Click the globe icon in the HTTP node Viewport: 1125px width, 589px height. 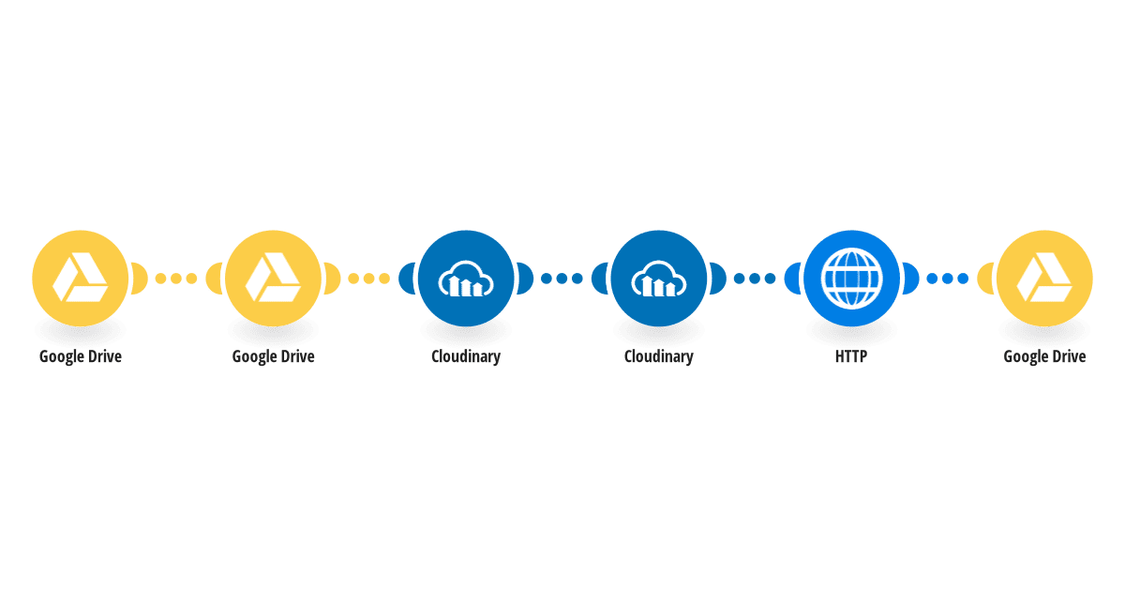point(851,278)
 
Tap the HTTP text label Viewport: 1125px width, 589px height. point(851,356)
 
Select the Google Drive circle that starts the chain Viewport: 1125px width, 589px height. point(81,279)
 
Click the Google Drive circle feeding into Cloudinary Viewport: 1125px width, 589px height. point(273,279)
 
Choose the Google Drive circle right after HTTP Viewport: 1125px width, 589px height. point(1044,279)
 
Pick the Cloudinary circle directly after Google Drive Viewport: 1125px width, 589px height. point(466,279)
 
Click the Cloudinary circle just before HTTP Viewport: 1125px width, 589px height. point(659,279)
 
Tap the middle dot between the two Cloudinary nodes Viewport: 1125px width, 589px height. point(562,279)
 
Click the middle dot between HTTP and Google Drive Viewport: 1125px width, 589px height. point(948,279)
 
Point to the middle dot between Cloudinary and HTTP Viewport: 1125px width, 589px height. point(755,279)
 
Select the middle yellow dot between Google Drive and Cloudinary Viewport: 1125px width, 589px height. point(369,279)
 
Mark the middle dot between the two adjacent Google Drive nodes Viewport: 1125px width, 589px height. point(176,279)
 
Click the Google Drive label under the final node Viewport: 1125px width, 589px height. point(1044,356)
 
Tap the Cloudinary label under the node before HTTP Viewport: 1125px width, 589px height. point(659,356)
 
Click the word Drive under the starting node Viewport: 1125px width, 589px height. point(105,356)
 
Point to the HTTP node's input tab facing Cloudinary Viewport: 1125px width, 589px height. point(791,279)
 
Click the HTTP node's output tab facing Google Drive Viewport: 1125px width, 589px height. point(911,279)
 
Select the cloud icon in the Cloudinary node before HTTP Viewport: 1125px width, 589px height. point(659,279)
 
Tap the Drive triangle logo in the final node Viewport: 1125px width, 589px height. point(1044,278)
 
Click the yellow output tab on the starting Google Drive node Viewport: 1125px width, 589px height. point(140,279)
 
